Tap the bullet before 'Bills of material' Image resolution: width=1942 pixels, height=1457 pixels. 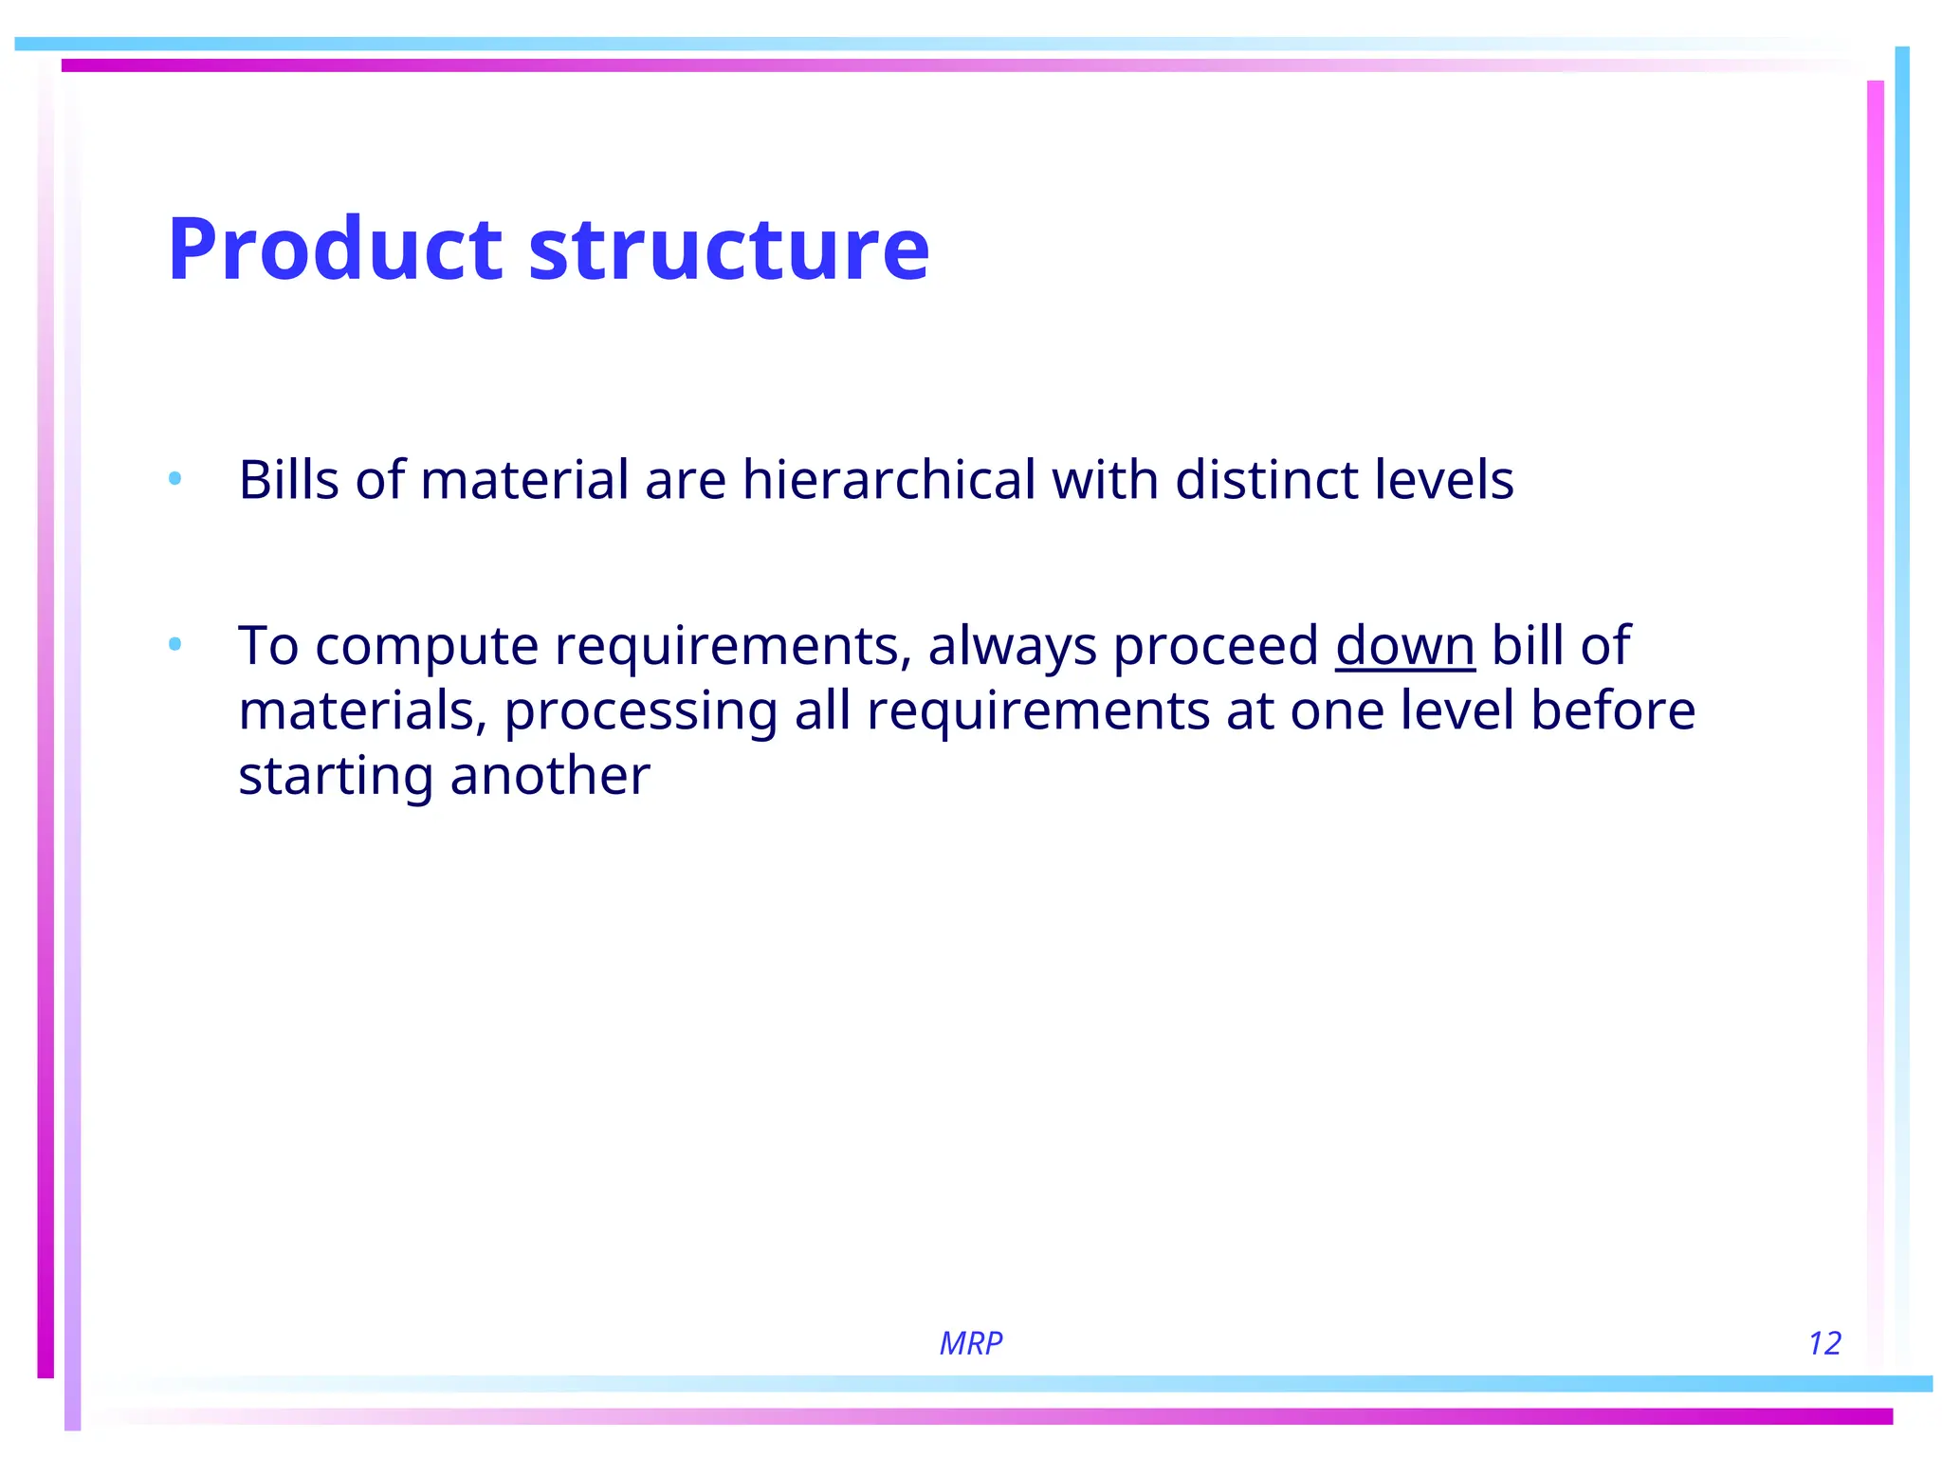tap(174, 479)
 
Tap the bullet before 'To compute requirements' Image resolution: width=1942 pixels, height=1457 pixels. tap(174, 645)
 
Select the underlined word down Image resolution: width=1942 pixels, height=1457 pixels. tap(1404, 646)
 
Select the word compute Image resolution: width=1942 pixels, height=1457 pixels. tap(427, 648)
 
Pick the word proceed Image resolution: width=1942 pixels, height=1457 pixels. tap(1216, 646)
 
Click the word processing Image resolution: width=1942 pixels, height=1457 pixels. tap(640, 712)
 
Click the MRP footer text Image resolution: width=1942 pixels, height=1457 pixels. tap(970, 1343)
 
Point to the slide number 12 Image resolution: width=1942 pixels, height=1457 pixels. tap(1823, 1343)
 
